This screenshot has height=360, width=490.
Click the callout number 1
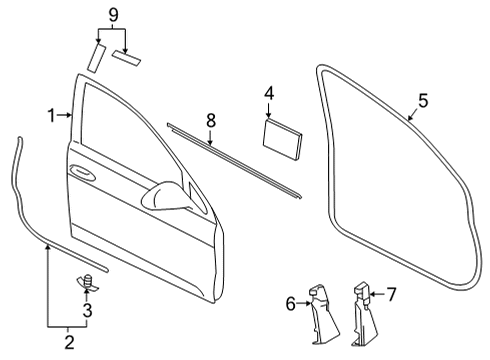[51, 115]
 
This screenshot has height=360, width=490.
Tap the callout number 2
[69, 342]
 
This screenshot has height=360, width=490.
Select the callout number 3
[87, 310]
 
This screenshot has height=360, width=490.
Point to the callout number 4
[269, 93]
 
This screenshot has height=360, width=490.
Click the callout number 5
[423, 100]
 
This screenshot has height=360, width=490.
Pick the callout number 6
[291, 304]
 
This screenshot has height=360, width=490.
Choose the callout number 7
[391, 294]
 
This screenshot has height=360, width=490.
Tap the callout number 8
[211, 120]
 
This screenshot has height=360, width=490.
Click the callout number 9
[113, 15]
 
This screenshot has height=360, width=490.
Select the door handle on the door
[81, 172]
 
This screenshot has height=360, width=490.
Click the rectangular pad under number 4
[282, 139]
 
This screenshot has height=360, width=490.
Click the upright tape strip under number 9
[97, 58]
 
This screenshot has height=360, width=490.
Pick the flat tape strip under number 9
[126, 58]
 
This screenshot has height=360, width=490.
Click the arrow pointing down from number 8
[210, 137]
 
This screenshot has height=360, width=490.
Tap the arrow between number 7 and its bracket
[376, 294]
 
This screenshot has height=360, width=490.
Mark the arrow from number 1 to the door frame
[65, 115]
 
